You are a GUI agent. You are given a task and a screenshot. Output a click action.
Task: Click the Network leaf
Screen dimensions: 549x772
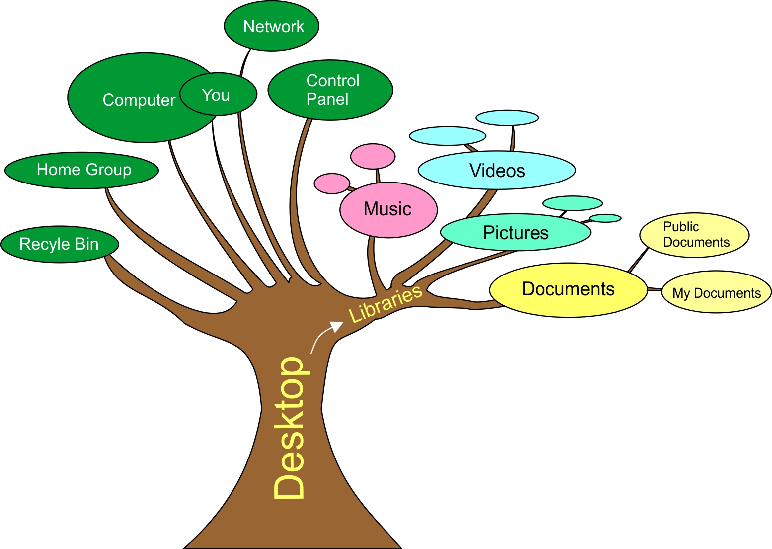[272, 26]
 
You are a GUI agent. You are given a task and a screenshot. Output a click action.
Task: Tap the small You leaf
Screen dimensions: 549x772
[218, 94]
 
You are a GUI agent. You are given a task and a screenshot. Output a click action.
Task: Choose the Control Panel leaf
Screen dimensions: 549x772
[330, 90]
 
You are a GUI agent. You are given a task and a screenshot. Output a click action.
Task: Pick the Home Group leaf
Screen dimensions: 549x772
[82, 170]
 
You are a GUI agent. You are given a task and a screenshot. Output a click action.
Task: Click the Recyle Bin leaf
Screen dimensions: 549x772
[60, 244]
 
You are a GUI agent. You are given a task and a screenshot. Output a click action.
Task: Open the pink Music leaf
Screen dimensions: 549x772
[388, 209]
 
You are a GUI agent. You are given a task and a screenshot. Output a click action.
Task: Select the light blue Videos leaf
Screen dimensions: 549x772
[497, 171]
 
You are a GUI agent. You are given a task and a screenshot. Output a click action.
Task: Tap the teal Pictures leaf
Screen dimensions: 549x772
[516, 232]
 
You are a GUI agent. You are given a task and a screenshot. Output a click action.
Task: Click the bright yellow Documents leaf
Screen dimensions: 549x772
[568, 289]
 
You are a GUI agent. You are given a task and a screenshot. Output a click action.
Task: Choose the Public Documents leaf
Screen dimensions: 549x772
[695, 235]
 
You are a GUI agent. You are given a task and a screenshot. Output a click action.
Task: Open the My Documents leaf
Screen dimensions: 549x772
[716, 292]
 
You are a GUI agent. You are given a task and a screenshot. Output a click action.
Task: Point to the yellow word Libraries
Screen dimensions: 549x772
[386, 303]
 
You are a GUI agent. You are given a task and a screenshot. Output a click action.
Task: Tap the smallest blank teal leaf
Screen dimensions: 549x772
[605, 218]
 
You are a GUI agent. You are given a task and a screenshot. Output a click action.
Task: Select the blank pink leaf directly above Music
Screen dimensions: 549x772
[373, 156]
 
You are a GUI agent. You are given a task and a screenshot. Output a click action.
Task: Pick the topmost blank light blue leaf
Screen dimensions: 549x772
[507, 118]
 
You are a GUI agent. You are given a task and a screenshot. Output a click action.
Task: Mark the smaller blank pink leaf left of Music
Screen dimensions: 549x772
[332, 183]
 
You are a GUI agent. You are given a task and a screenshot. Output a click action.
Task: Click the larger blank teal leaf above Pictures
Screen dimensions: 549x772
[572, 203]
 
